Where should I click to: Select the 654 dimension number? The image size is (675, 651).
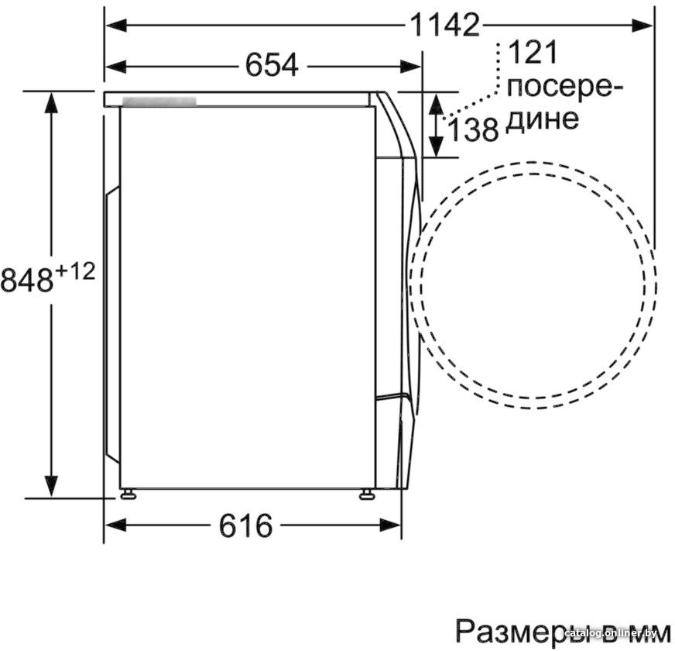[x=272, y=65]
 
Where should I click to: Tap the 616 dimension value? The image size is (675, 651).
[x=245, y=527]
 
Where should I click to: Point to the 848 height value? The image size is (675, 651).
[x=26, y=279]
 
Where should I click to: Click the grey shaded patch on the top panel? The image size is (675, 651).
[x=159, y=102]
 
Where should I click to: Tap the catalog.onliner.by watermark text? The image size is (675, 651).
[x=615, y=635]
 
